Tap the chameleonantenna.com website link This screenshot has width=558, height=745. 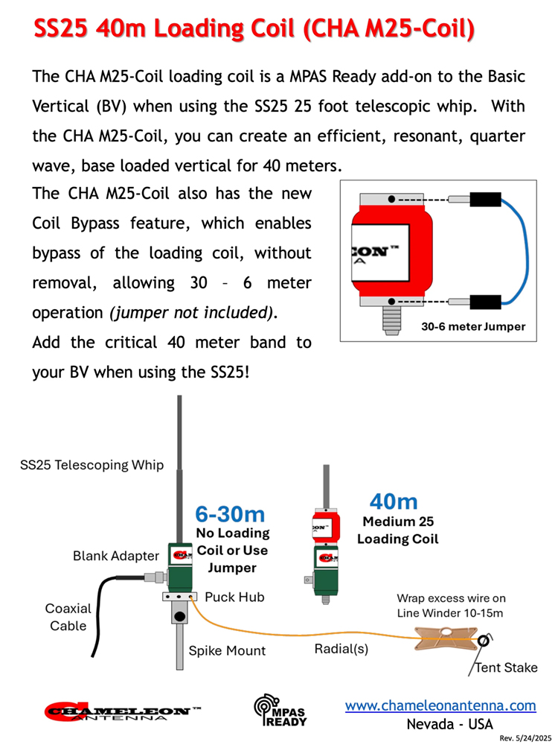point(440,705)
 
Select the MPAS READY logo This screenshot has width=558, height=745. point(280,711)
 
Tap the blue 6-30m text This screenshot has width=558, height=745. point(230,513)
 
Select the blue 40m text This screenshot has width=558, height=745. point(394,501)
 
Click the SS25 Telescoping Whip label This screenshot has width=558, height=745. point(92,466)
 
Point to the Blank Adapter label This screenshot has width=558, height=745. point(116,556)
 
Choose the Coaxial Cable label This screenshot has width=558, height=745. point(68,617)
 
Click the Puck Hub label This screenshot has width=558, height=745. point(234,597)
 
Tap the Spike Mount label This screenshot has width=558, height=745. point(227,650)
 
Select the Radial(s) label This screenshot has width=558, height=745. point(341,648)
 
